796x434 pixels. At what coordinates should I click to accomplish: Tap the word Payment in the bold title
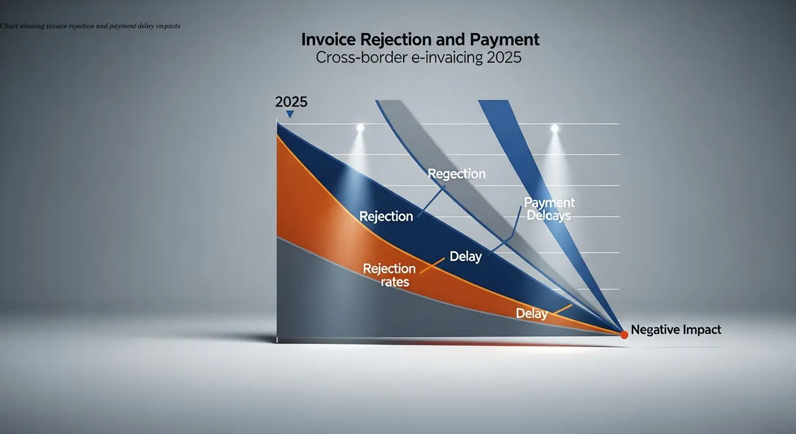pos(504,40)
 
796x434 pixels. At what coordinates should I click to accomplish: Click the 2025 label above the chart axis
pos(291,102)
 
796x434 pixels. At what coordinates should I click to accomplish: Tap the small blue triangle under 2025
pos(290,114)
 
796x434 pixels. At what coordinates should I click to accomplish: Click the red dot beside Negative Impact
pos(624,335)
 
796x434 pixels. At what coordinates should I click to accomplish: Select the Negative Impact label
pos(676,329)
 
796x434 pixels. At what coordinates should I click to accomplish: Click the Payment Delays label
pos(548,209)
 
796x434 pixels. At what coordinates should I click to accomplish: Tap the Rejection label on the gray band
pos(457,173)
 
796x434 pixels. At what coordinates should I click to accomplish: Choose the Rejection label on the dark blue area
pos(386,216)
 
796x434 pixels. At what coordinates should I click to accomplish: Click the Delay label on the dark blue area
pos(465,257)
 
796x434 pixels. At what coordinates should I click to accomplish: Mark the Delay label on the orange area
pos(531,313)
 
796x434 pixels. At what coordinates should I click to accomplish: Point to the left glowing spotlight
pos(360,129)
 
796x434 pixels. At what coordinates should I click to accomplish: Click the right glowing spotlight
pos(555,129)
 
